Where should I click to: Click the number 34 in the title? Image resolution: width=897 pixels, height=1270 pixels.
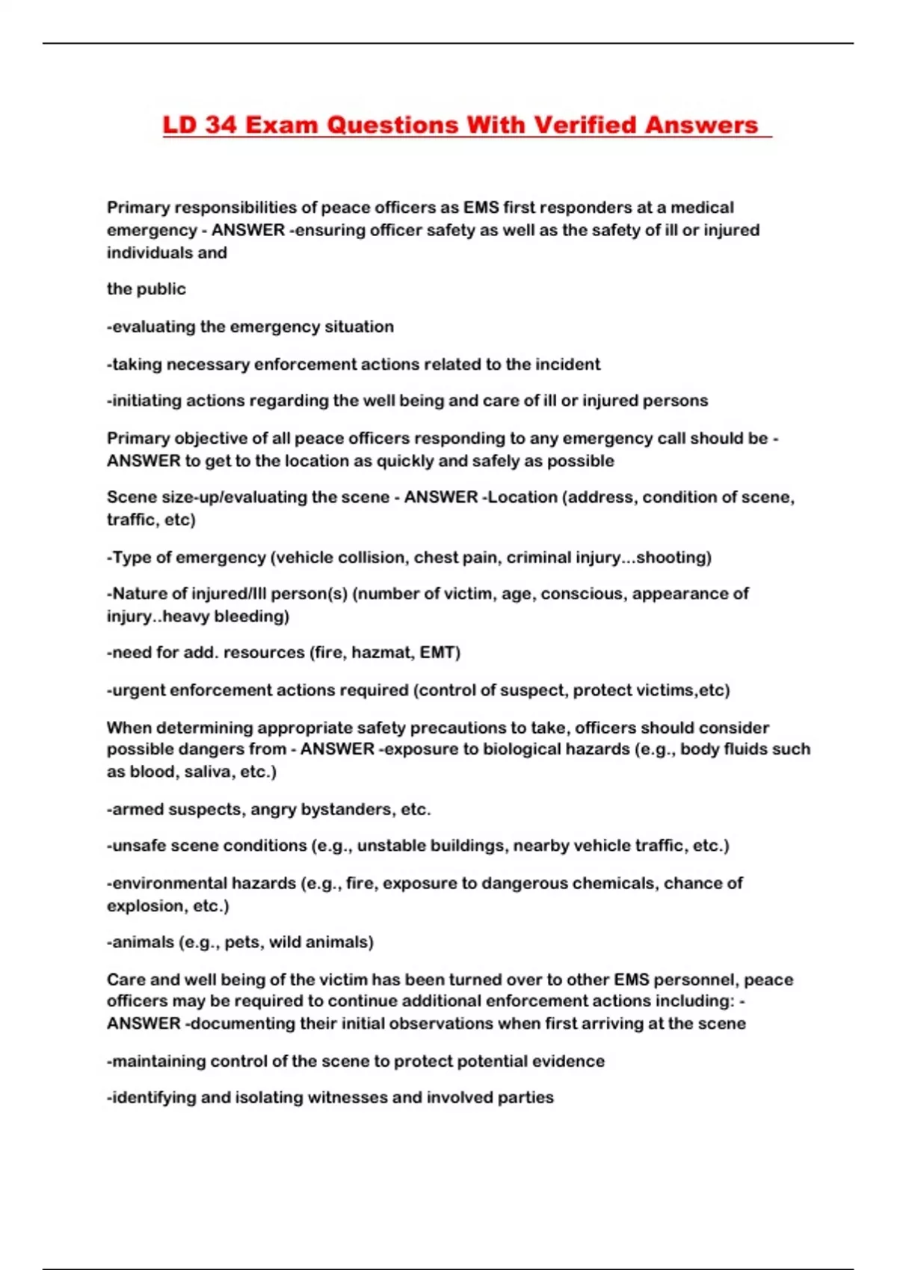(x=221, y=125)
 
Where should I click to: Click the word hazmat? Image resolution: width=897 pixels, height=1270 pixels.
(x=382, y=653)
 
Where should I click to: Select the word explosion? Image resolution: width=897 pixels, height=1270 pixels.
(x=145, y=906)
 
